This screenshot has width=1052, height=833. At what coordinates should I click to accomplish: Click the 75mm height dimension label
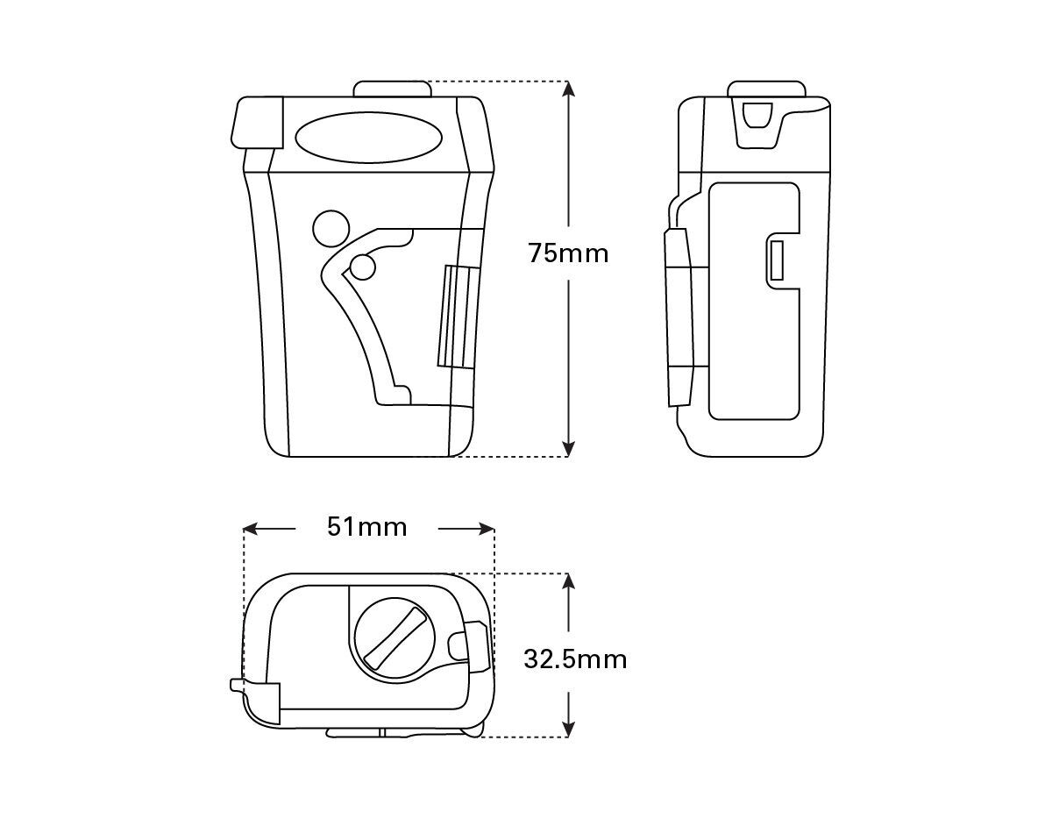point(568,254)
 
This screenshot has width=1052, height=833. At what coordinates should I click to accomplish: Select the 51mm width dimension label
point(367,527)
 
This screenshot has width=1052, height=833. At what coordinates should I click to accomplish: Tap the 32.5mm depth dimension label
point(575,660)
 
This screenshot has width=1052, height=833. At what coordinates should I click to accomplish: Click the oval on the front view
point(370,138)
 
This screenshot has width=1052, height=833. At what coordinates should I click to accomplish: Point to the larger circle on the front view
point(331,229)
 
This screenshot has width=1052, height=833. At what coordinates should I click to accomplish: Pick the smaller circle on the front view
point(363,267)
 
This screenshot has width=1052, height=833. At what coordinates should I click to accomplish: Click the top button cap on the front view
point(392,89)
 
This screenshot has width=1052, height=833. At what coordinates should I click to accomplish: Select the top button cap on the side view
point(766,89)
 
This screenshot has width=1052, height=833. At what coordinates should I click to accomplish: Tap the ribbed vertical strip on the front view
point(458,317)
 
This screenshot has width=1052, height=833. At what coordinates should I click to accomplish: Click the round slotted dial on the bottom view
point(394,638)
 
